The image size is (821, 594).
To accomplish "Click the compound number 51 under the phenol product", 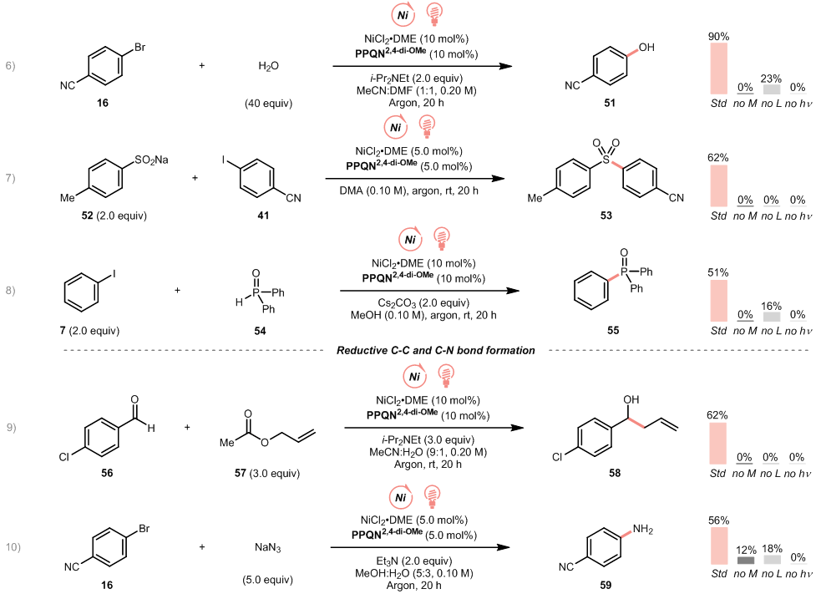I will (x=611, y=103).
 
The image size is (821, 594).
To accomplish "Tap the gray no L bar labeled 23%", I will (x=771, y=89).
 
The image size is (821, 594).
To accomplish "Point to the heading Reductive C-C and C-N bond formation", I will (x=435, y=350).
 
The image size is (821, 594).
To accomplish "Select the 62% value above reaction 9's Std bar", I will (x=718, y=415).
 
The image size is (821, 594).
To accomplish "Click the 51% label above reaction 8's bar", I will (x=718, y=272).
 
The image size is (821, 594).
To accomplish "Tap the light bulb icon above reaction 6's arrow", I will (x=434, y=13).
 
